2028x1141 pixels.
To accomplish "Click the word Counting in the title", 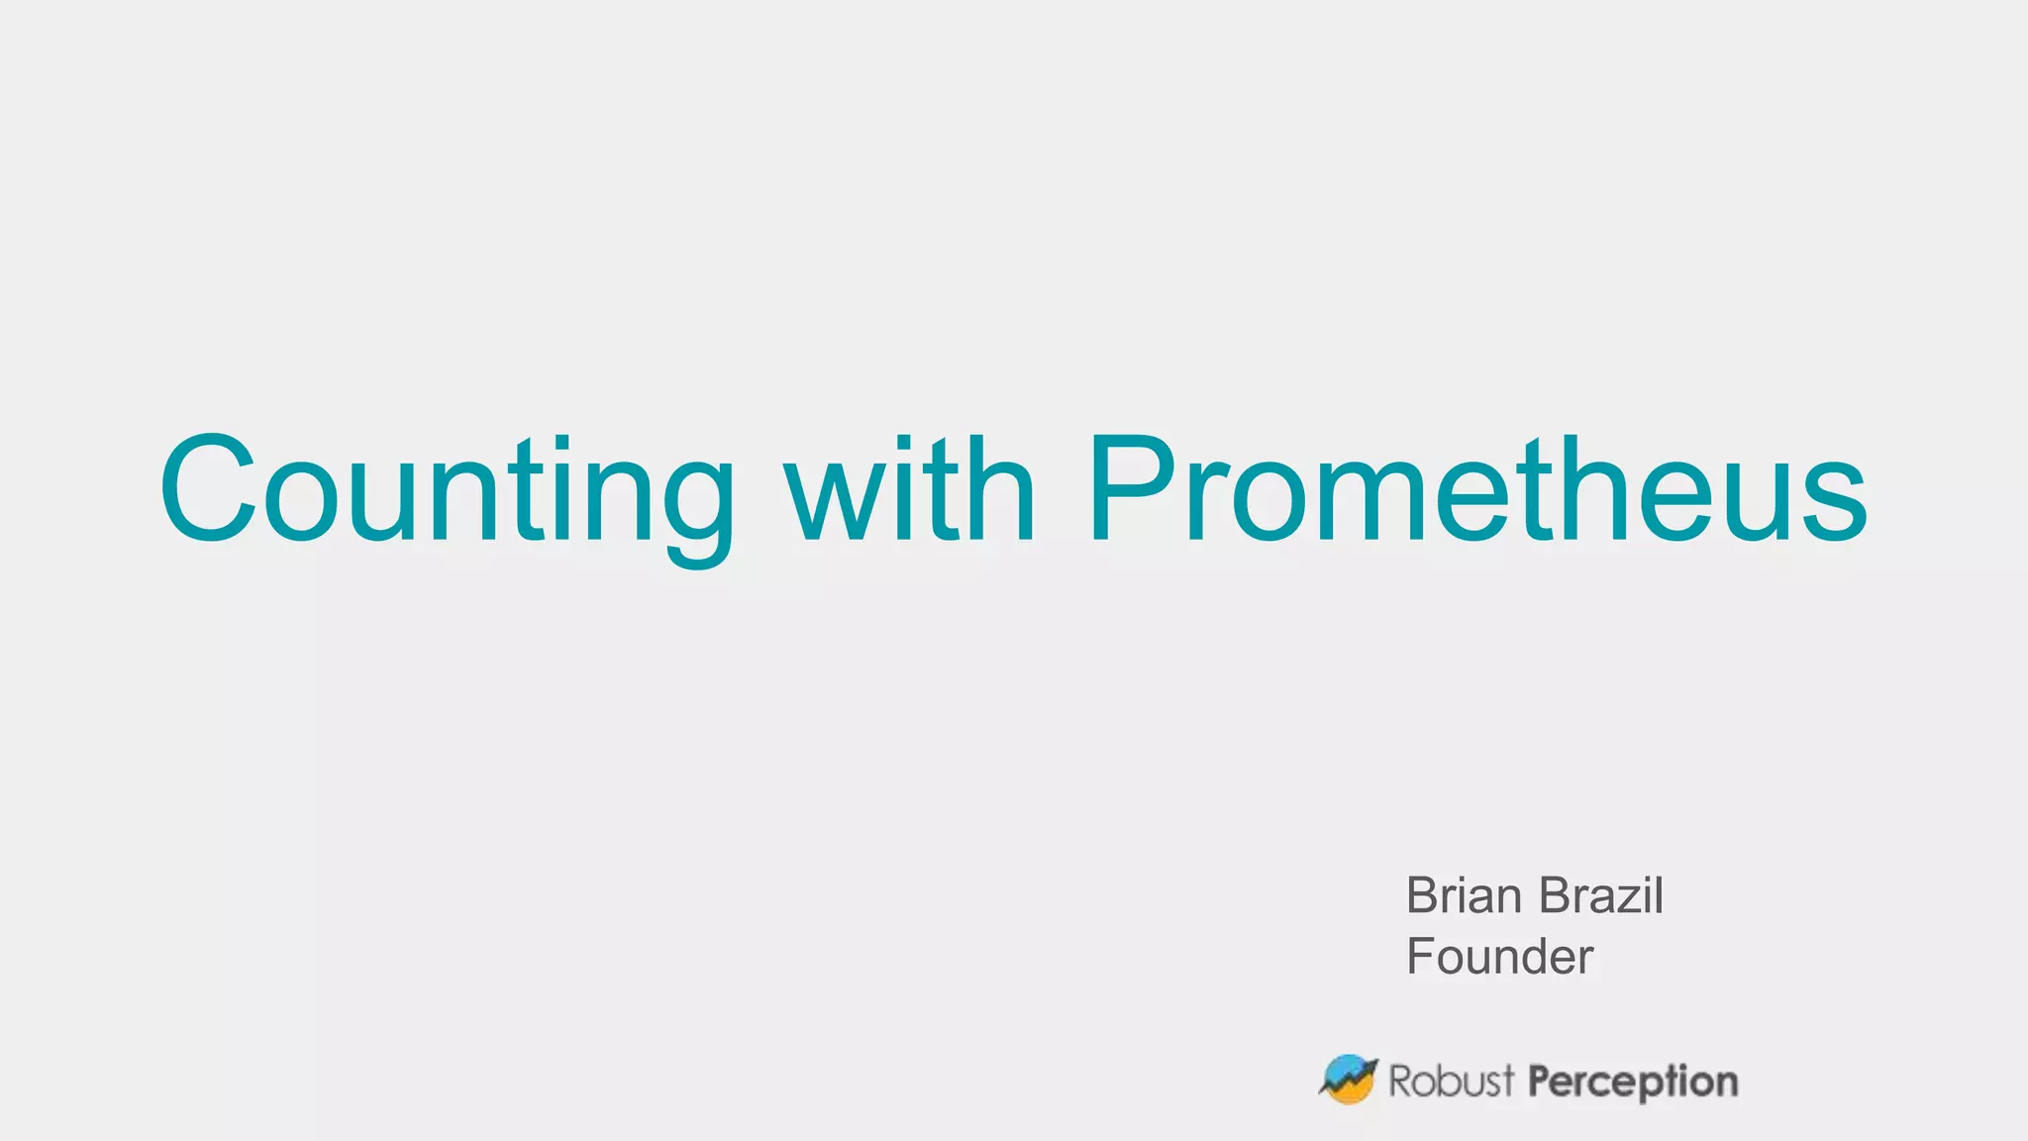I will [x=447, y=491].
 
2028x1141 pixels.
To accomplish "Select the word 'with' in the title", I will [x=910, y=489].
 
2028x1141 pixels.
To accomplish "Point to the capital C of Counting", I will [x=209, y=489].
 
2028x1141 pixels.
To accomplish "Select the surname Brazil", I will [x=1602, y=895].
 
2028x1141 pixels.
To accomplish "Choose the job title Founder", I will [x=1499, y=957].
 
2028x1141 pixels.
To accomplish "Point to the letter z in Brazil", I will [x=1626, y=901].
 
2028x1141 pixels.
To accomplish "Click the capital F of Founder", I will [x=1422, y=957].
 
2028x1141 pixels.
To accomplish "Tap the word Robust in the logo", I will [x=1452, y=1082].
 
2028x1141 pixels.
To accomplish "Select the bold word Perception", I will [x=1633, y=1083].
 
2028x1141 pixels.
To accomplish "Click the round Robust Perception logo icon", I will [x=1349, y=1079].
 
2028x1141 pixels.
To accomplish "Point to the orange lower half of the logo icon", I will [x=1351, y=1092].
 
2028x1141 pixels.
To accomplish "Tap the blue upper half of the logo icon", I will [x=1344, y=1067].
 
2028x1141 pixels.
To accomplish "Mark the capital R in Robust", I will [x=1400, y=1082].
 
